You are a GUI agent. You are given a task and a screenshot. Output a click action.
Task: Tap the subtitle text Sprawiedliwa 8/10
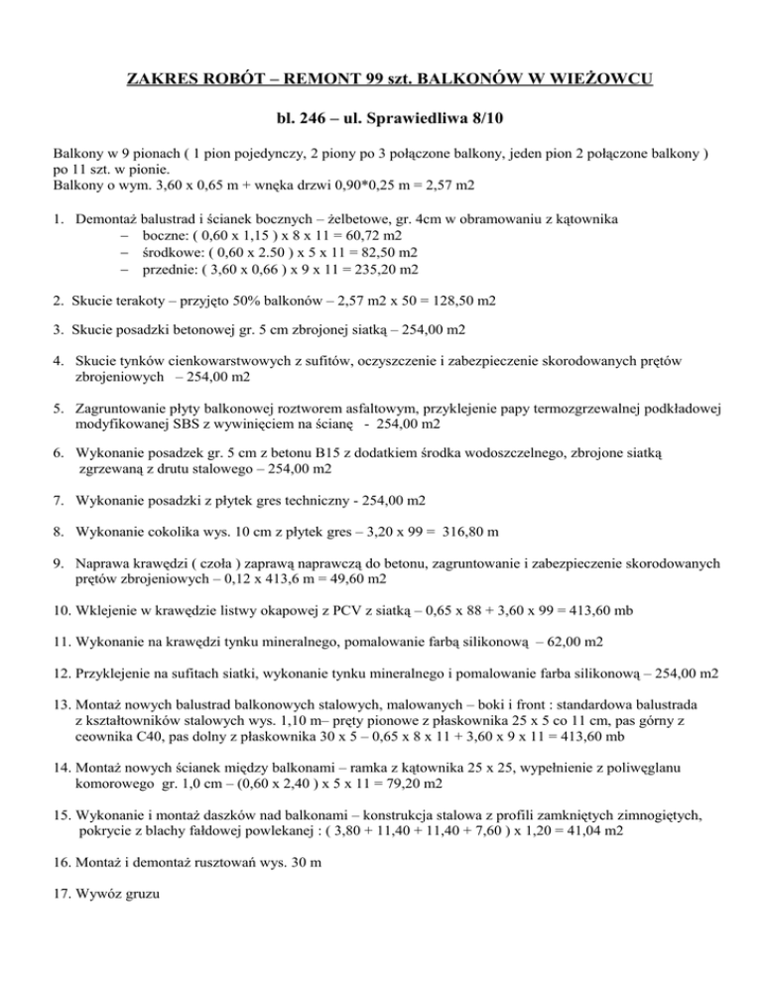[x=434, y=120]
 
